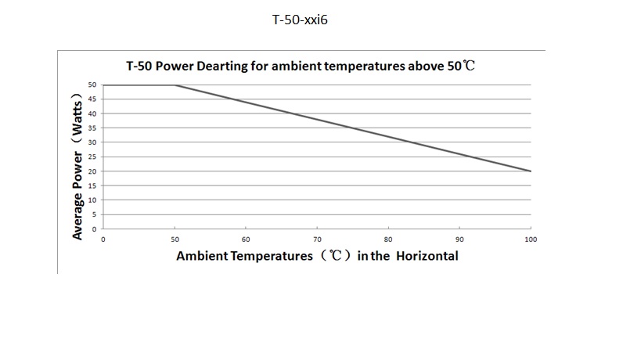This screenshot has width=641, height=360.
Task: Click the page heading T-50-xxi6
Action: coord(300,20)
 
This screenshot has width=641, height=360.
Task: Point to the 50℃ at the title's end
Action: coord(461,67)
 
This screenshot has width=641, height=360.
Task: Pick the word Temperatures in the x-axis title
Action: coord(270,256)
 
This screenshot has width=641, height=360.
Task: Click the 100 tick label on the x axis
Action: coord(531,239)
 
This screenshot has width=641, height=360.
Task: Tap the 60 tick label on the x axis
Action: coord(246,239)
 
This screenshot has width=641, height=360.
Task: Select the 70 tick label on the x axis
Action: coord(317,239)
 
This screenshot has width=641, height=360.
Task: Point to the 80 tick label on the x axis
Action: coord(388,239)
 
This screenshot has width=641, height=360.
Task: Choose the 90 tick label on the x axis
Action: coord(459,239)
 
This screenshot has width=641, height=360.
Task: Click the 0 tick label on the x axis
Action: coord(103,239)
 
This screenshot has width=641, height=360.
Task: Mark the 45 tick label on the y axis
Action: coord(92,99)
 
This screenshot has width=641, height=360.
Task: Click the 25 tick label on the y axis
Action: coord(92,157)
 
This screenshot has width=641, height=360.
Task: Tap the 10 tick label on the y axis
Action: coord(92,200)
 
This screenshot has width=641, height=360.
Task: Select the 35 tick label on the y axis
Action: coord(92,128)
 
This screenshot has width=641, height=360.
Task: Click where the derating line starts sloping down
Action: coord(175,85)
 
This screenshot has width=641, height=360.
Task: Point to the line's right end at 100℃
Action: coord(531,171)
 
